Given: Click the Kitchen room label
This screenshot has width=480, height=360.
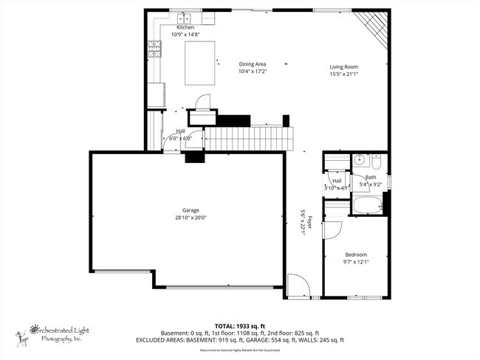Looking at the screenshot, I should click(185, 27).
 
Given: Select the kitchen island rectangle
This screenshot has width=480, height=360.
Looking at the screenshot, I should click(200, 56).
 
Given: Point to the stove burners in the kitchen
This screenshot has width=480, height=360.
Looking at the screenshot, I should click(155, 49).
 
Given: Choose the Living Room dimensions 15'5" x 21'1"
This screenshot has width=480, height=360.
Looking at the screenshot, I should click(344, 73).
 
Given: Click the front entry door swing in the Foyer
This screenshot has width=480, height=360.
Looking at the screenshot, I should click(295, 283).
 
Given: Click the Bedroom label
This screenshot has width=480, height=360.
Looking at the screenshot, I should click(355, 255).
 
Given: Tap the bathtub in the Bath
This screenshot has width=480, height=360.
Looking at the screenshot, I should click(366, 204).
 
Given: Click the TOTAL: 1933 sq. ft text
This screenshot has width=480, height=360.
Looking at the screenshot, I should click(239, 325).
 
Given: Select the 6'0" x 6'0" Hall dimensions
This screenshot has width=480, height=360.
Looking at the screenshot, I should click(180, 138).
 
